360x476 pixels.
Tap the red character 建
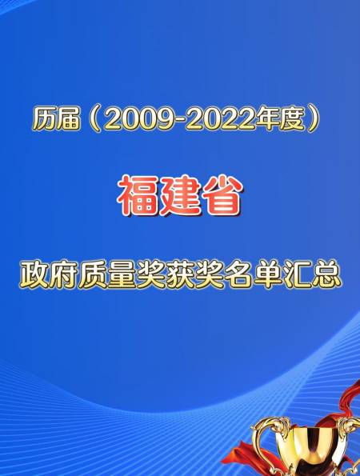[179, 195]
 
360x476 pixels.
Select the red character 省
[221, 195]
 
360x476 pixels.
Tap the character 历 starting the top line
[45, 119]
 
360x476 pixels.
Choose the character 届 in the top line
[70, 119]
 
